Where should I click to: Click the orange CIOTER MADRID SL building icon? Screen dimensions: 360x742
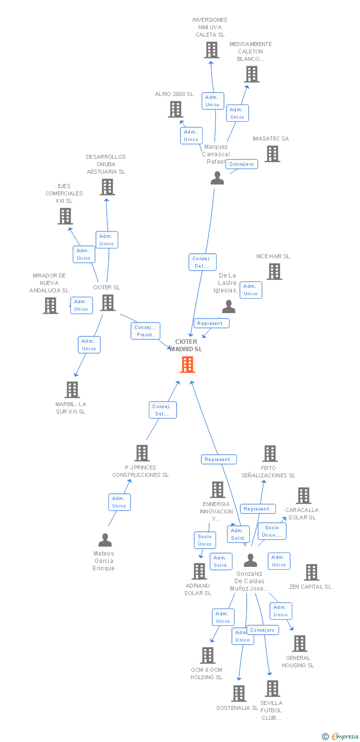[187, 365]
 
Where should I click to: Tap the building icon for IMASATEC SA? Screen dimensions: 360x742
[272, 154]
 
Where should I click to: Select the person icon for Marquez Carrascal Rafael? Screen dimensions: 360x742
[217, 178]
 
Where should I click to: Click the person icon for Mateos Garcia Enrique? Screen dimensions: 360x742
[105, 540]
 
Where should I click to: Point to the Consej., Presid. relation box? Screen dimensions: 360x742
[145, 331]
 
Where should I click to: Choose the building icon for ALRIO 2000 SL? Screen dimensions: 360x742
[176, 109]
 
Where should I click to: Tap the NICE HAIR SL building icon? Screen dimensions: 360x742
[274, 272]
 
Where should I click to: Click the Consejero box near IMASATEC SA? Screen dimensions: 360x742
[242, 164]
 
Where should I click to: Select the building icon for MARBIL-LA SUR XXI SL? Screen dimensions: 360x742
[72, 390]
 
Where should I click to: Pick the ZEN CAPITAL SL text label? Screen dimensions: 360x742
[311, 587]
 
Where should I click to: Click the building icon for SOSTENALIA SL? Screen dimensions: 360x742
[239, 694]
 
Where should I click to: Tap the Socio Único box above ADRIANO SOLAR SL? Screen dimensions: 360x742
[205, 540]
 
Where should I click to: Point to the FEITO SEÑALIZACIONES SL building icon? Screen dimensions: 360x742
[270, 454]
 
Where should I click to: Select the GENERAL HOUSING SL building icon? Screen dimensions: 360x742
[300, 643]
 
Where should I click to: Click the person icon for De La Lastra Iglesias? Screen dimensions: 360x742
[228, 306]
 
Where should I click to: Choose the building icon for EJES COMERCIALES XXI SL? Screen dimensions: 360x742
[65, 216]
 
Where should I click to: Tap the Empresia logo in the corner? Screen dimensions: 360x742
[340, 736]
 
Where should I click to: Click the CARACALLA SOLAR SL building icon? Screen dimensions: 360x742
[304, 496]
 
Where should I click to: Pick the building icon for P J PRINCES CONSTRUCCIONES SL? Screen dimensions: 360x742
[142, 453]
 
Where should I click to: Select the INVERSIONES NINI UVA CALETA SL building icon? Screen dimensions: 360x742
[212, 50]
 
